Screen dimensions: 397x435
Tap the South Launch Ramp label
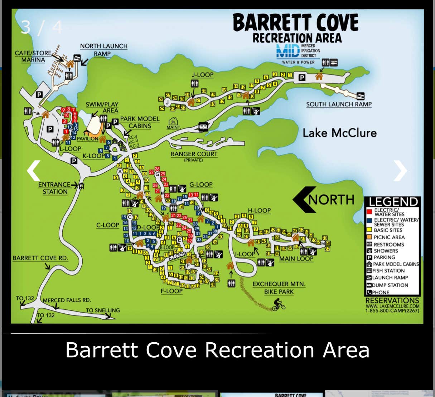pyautogui.click(x=339, y=104)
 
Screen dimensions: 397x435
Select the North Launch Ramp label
pyautogui.click(x=103, y=50)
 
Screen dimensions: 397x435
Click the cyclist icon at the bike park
pyautogui.click(x=279, y=305)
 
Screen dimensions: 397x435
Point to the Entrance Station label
pyautogui.click(x=55, y=188)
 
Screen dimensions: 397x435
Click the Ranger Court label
pyautogui.click(x=194, y=154)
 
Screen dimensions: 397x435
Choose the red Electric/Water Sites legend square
pyautogui.click(x=369, y=212)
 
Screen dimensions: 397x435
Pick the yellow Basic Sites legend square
pyautogui.click(x=369, y=230)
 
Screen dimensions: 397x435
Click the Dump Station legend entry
pyautogui.click(x=390, y=285)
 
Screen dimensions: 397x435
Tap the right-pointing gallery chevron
pyautogui.click(x=400, y=171)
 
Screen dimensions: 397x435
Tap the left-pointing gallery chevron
pyautogui.click(x=34, y=171)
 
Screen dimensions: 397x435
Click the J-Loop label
pyautogui.click(x=203, y=75)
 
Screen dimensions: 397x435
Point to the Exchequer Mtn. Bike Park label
pyautogui.click(x=279, y=288)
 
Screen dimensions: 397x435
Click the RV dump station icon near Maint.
pyautogui.click(x=203, y=126)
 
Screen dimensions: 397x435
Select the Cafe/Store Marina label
pyautogui.click(x=33, y=56)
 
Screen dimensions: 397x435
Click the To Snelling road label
pyautogui.click(x=103, y=310)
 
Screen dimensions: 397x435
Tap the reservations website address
pyautogui.click(x=392, y=306)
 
